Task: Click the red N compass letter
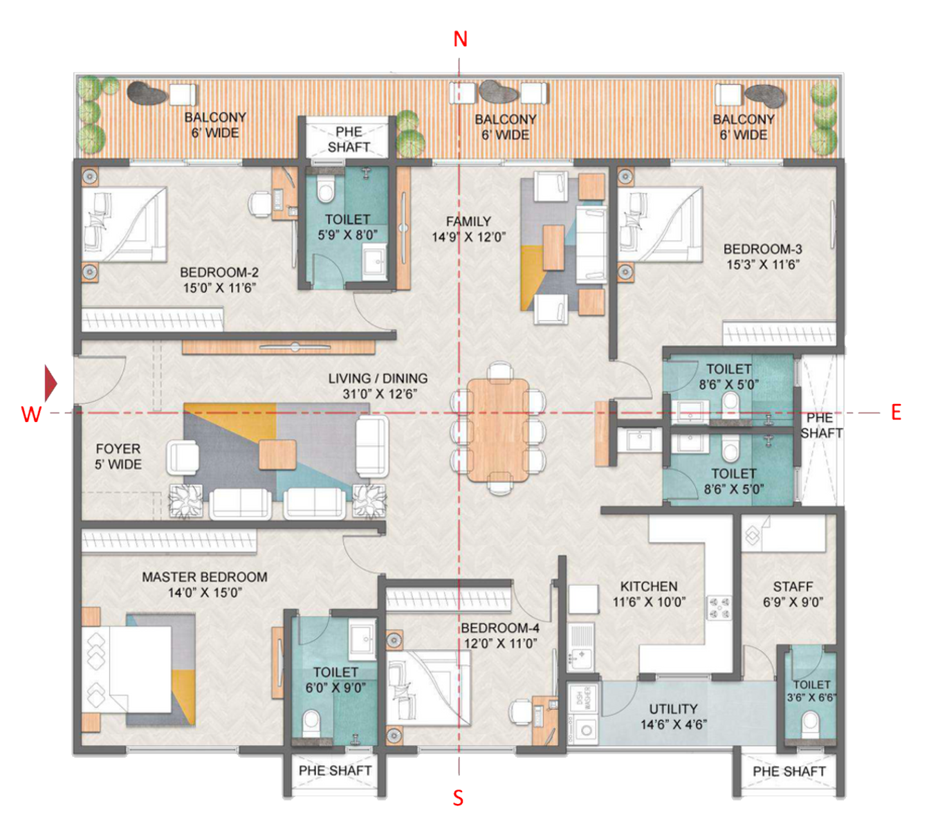point(460,39)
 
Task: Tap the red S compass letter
point(458,798)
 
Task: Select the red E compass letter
point(896,413)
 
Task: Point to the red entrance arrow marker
point(50,383)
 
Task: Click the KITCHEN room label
point(648,586)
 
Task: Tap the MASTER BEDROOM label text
point(204,577)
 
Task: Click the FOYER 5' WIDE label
point(118,457)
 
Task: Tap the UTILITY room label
point(672,709)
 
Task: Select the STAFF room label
point(793,587)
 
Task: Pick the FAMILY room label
point(468,221)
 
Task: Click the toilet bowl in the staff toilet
point(809,724)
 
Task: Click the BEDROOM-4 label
point(499,628)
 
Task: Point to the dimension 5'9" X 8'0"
point(347,235)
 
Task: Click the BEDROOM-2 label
point(219,273)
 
